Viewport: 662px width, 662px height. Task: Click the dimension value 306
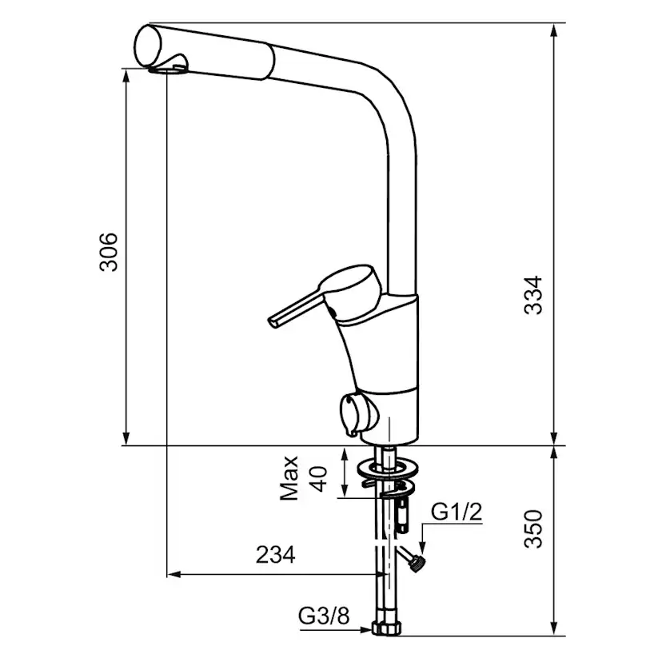coord(109,252)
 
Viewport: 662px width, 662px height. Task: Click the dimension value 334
coord(532,295)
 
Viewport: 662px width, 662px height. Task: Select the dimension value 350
coord(532,529)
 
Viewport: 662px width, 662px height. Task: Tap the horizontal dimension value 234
coord(276,555)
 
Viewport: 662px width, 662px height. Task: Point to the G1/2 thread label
coord(457,512)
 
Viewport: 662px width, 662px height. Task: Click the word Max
coord(289,478)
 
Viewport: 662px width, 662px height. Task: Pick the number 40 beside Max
coord(319,478)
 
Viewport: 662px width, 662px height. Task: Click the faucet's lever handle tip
coord(273,322)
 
